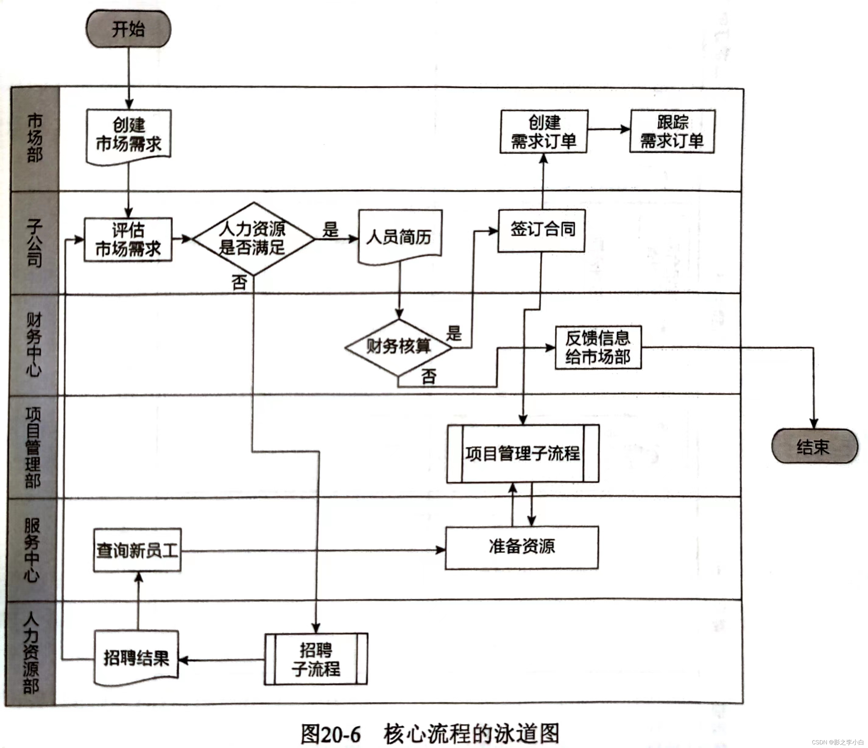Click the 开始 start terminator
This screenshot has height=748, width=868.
click(128, 29)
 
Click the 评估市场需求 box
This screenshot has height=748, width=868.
click(128, 239)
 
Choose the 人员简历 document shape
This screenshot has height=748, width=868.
click(399, 237)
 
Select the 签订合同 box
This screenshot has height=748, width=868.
click(541, 230)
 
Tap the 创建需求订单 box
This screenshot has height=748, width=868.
click(544, 132)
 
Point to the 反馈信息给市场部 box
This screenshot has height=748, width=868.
click(598, 347)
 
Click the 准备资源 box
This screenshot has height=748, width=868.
click(521, 547)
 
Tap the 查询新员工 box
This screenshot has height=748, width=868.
click(137, 550)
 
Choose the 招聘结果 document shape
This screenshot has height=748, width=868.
click(136, 658)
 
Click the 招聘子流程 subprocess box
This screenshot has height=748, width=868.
click(316, 659)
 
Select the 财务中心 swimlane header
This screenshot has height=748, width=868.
click(34, 345)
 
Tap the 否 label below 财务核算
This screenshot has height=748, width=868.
click(429, 376)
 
